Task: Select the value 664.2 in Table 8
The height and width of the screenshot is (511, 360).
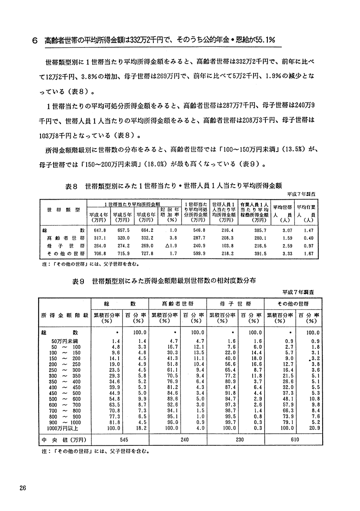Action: tap(145, 230)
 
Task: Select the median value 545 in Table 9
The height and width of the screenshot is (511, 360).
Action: tap(120, 440)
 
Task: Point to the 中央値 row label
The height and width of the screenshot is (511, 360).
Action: tap(64, 440)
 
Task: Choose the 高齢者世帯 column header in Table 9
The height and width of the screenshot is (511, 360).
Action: tap(178, 303)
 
